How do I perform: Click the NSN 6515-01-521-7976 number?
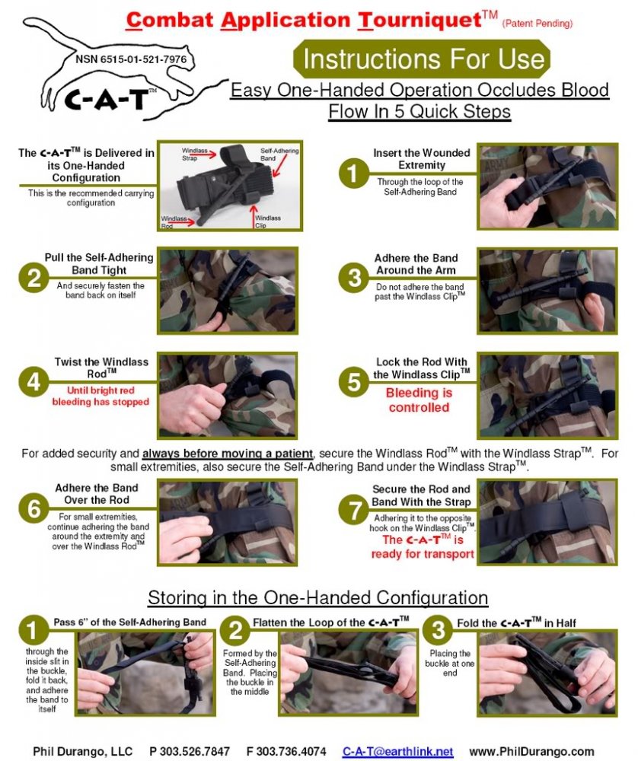click(131, 59)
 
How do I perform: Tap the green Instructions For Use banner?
click(422, 59)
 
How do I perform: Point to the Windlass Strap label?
click(190, 154)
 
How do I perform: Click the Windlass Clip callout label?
click(267, 221)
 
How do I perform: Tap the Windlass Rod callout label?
click(174, 221)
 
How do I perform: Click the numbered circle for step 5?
click(354, 382)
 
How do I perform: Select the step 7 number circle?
click(354, 510)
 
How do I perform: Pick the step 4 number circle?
click(33, 381)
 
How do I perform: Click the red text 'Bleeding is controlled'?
click(419, 400)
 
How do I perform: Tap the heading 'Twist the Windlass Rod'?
click(101, 368)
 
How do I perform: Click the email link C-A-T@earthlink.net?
click(397, 752)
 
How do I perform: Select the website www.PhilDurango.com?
click(531, 752)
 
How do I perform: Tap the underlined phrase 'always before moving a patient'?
click(227, 454)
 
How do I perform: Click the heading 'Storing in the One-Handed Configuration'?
click(318, 597)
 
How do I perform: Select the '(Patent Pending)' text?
click(538, 24)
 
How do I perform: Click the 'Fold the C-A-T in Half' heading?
click(516, 622)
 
